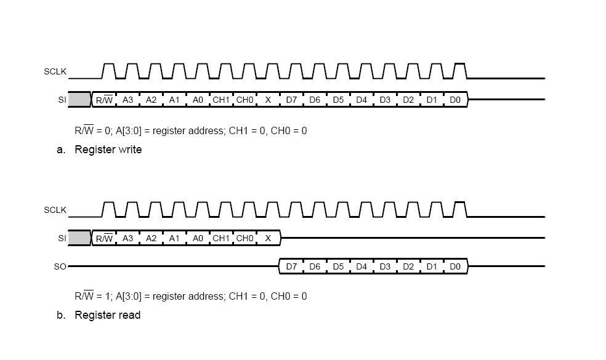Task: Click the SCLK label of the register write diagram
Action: pyautogui.click(x=55, y=72)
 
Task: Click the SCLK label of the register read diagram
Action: pyautogui.click(x=55, y=210)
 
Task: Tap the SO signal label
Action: pyautogui.click(x=60, y=267)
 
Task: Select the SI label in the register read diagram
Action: pyautogui.click(x=62, y=238)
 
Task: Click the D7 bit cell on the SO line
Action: pyautogui.click(x=291, y=267)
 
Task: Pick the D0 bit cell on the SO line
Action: pyautogui.click(x=455, y=267)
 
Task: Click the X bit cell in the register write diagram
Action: pyautogui.click(x=268, y=100)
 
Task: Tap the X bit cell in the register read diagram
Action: pyautogui.click(x=268, y=238)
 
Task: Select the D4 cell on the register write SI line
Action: pyautogui.click(x=362, y=100)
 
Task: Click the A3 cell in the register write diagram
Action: pyautogui.click(x=127, y=100)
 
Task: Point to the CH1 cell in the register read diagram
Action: pyautogui.click(x=220, y=238)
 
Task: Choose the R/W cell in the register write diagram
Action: pyautogui.click(x=104, y=100)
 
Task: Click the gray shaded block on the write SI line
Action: pyautogui.click(x=79, y=99)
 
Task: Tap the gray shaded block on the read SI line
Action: pyautogui.click(x=79, y=238)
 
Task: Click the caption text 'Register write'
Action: pyautogui.click(x=108, y=150)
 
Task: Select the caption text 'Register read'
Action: pyautogui.click(x=108, y=315)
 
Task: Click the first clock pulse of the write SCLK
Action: pyautogui.click(x=108, y=71)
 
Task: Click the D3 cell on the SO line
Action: pyautogui.click(x=385, y=267)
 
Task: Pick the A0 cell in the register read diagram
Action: pyautogui.click(x=198, y=238)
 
